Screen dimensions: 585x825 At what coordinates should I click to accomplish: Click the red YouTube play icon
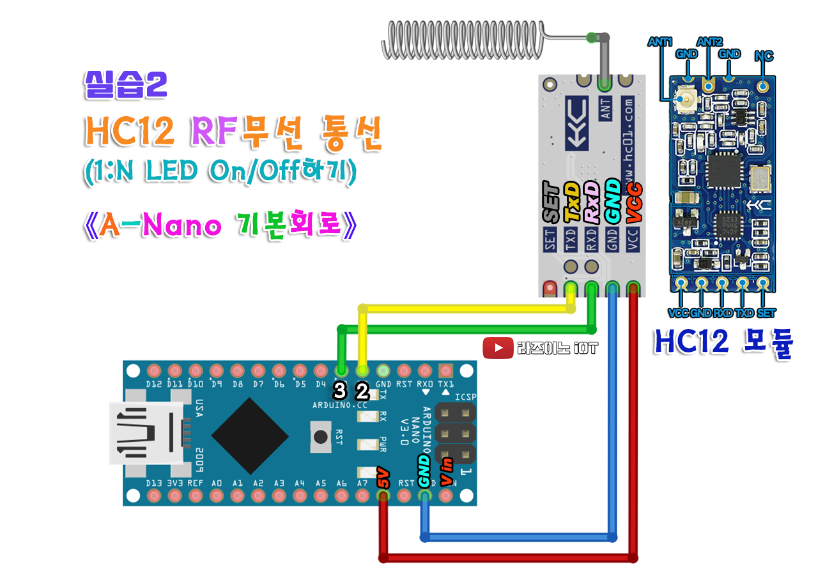pos(498,348)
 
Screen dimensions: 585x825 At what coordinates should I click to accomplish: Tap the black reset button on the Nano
pos(320,437)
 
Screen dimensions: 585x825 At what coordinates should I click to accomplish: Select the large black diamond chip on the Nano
pos(250,436)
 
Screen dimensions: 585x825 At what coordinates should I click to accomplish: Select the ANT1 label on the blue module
pos(661,42)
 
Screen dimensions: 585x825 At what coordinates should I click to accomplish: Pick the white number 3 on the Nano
pos(341,390)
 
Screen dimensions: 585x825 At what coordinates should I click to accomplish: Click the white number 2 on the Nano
pos(362,390)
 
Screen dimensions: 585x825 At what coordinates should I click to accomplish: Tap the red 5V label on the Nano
pos(383,478)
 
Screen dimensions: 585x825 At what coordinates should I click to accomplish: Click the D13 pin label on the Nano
pos(153,483)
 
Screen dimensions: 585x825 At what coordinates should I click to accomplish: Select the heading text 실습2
pos(125,84)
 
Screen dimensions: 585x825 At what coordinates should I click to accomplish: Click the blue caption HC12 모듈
pos(723,344)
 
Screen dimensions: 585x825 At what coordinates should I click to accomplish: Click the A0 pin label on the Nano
pos(217,483)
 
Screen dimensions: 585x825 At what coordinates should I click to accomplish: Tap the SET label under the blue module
pos(766,313)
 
